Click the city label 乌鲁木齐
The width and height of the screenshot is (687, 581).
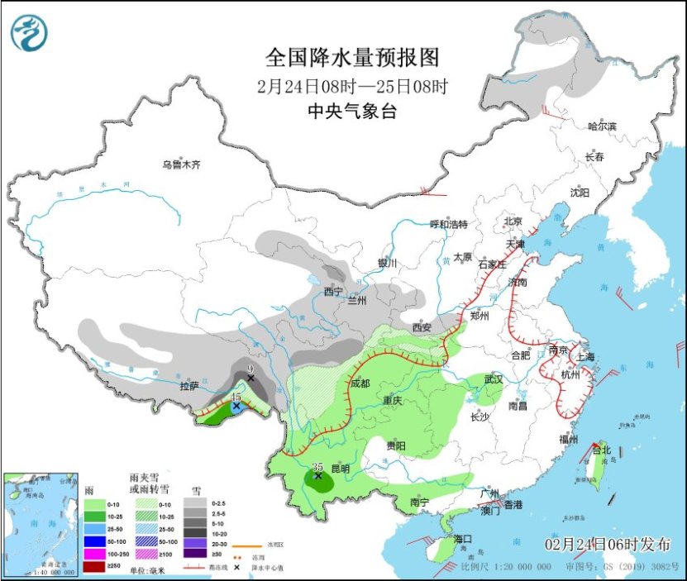click(181, 164)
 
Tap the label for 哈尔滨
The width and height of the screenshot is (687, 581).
click(602, 126)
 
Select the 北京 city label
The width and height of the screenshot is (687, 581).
click(513, 221)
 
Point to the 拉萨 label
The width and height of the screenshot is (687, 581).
click(189, 386)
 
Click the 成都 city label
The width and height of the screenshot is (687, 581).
click(360, 383)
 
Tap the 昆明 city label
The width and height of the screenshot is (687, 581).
click(340, 469)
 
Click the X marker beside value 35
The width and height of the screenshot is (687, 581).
click(317, 476)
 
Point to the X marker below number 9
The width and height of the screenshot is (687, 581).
click(250, 378)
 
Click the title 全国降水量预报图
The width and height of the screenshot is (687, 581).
click(351, 58)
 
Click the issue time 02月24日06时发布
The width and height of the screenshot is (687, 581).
click(608, 543)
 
